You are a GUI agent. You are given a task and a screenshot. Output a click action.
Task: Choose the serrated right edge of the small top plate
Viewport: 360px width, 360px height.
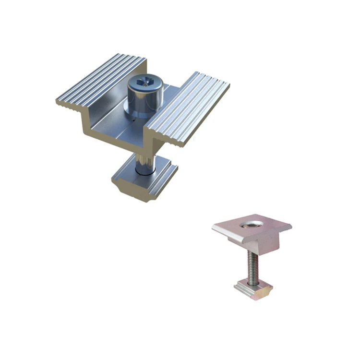[287, 229]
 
